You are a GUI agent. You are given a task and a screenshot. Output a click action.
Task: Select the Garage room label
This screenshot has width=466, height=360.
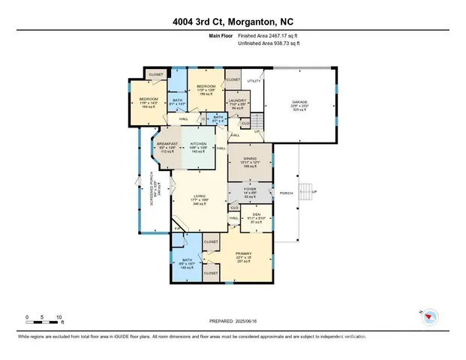click(x=301, y=104)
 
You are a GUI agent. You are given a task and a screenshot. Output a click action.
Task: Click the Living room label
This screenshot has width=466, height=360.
click(x=199, y=199)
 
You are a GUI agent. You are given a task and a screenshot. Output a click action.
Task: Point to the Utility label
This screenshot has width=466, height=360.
click(x=254, y=81)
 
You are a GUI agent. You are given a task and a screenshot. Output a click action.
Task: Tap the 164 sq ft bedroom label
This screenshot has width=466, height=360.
click(x=148, y=103)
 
